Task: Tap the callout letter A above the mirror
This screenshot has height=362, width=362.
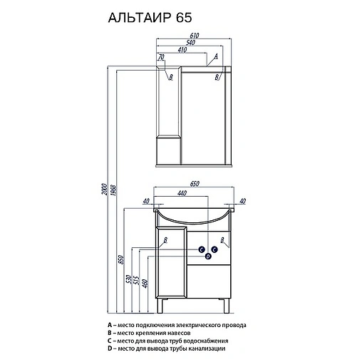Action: pos(216,56)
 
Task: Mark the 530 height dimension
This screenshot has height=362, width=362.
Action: pos(129,280)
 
